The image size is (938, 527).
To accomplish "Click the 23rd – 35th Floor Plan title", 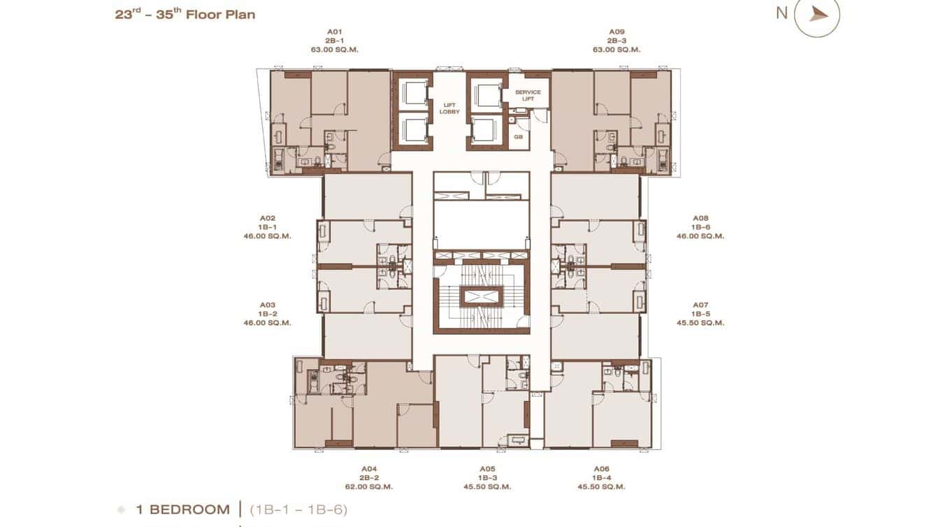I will [x=185, y=14].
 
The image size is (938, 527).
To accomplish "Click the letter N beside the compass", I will [x=781, y=13].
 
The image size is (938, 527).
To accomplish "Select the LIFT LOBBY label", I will [x=449, y=108].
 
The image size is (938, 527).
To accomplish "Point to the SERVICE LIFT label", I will [x=528, y=96].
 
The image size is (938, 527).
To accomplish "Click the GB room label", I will [x=519, y=137].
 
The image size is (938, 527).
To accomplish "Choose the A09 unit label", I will [x=616, y=31].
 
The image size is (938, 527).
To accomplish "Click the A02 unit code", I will [x=267, y=218].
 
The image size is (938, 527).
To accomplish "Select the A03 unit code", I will [x=267, y=305].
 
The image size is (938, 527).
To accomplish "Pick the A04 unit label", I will [x=369, y=468].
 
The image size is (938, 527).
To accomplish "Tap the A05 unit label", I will [x=488, y=468].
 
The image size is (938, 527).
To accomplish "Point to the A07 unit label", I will [x=700, y=305].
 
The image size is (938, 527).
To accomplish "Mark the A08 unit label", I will [x=700, y=218].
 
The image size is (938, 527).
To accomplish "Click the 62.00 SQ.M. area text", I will [x=369, y=486].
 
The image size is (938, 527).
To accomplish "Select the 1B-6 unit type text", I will [x=700, y=227].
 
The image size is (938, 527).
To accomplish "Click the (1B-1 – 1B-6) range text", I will [x=298, y=510].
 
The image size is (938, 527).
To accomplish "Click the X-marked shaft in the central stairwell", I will [x=481, y=297].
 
